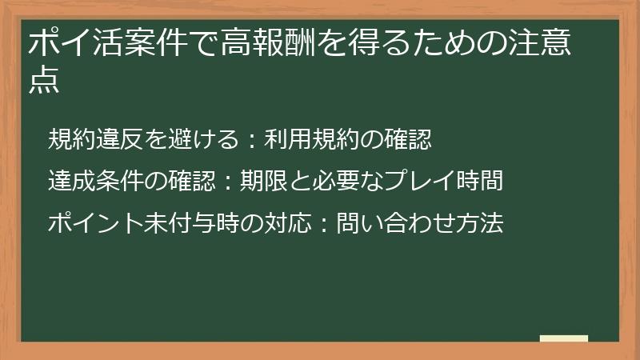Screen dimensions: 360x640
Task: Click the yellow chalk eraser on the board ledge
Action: click(564, 338)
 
